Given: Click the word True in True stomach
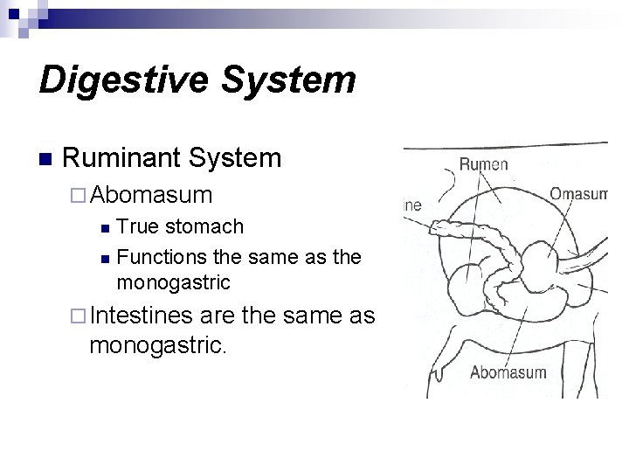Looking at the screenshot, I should [136, 227].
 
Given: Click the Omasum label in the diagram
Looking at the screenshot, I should [577, 192].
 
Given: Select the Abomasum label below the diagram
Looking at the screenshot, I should [508, 373].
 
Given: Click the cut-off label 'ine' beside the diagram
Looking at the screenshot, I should [411, 205].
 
